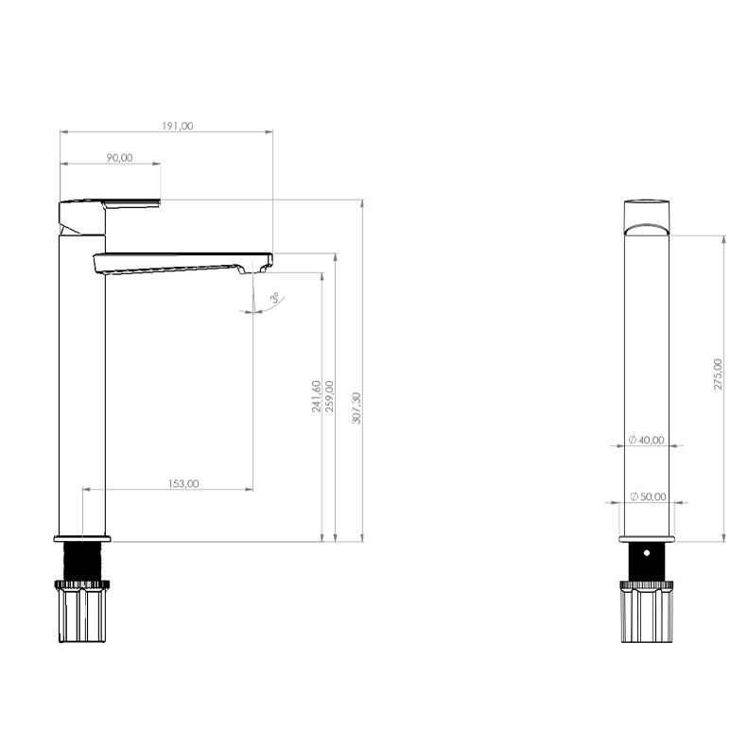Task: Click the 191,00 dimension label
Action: (x=178, y=126)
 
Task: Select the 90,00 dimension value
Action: (x=119, y=158)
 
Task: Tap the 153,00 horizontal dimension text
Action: (x=183, y=484)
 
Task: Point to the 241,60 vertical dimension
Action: (x=316, y=396)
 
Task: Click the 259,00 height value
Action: (x=329, y=396)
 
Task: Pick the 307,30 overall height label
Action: (x=357, y=409)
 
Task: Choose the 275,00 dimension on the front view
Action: (x=718, y=374)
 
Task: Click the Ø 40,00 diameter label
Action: (x=647, y=440)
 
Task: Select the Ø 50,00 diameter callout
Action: (x=649, y=496)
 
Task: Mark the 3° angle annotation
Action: (x=275, y=299)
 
